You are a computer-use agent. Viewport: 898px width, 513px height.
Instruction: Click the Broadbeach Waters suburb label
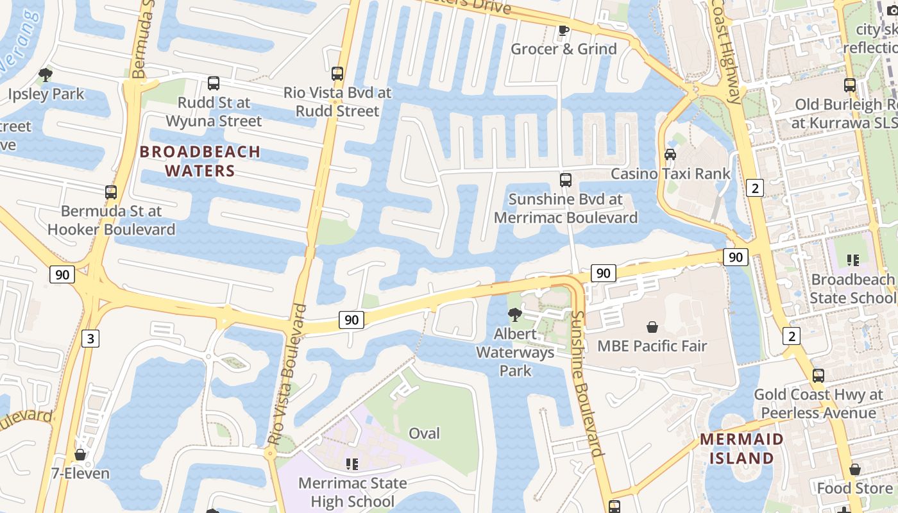200,161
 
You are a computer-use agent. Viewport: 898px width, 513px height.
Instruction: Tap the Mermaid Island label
741,449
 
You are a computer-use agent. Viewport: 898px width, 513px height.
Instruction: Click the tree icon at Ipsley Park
46,75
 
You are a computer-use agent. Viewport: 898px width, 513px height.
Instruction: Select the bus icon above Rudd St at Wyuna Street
214,83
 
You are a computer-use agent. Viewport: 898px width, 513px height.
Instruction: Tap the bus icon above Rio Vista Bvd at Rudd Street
337,74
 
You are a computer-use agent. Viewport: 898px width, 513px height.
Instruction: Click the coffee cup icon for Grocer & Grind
564,30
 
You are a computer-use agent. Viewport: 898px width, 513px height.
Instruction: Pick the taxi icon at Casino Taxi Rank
670,155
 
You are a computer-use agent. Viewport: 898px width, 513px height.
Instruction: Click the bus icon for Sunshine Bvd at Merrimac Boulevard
566,180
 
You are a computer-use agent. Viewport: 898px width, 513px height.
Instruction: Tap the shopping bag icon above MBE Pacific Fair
652,327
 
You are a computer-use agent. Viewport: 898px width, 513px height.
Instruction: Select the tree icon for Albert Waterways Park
514,314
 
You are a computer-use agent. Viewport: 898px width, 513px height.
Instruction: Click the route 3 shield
90,339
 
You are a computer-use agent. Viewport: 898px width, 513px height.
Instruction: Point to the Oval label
425,433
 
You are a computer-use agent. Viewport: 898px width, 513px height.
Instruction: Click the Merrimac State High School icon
352,463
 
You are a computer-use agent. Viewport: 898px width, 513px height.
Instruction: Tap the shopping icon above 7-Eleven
80,455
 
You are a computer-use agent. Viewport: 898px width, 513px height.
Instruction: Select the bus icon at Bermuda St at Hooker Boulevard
111,192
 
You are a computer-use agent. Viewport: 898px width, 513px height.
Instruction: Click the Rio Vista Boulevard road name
287,375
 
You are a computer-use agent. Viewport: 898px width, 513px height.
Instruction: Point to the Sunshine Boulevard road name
587,383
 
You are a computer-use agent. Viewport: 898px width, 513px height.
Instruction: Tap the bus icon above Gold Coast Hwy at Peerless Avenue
818,376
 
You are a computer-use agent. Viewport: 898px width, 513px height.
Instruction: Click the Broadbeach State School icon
853,260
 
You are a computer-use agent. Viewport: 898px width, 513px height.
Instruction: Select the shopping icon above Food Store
854,469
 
